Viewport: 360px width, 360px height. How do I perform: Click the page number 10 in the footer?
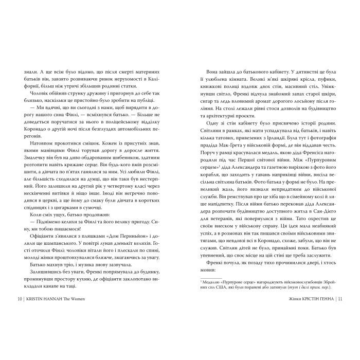pos(19,298)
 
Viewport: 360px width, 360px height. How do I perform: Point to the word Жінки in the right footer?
pos(283,298)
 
